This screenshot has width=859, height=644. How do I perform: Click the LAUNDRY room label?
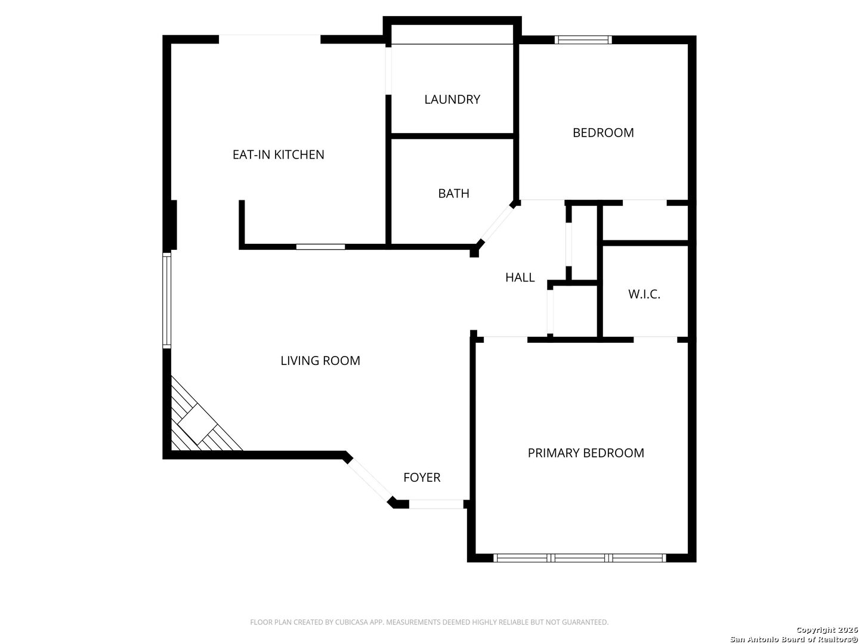point(452,100)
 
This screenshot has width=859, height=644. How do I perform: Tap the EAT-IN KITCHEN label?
point(278,154)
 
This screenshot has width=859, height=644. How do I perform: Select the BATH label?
point(453,193)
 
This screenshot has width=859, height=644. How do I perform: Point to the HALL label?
point(520,277)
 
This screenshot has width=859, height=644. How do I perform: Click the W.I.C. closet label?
point(644,294)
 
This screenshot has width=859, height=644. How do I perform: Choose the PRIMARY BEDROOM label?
point(586,453)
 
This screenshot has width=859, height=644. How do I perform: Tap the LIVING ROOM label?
point(320,361)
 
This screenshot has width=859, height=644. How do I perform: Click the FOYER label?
point(422,477)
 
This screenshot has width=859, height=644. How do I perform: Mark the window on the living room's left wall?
point(167,301)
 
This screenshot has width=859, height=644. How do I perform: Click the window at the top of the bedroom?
point(583,40)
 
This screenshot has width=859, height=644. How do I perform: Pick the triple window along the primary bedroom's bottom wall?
point(580,558)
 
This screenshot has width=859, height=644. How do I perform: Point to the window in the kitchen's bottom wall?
point(320,246)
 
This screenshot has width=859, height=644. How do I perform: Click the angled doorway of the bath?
point(496,224)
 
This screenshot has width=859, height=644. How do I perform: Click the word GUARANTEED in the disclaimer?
point(588,622)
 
